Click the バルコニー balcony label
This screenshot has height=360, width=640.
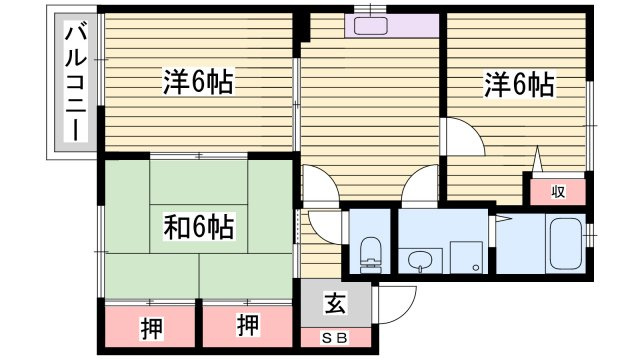click(x=73, y=83)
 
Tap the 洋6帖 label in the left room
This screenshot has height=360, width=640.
click(x=198, y=83)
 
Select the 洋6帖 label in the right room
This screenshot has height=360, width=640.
click(x=520, y=84)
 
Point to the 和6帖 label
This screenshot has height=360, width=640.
click(x=199, y=229)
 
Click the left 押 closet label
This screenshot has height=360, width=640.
click(x=150, y=325)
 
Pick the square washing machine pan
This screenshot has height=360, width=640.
click(x=465, y=256)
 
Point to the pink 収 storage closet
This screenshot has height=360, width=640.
click(x=557, y=190)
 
